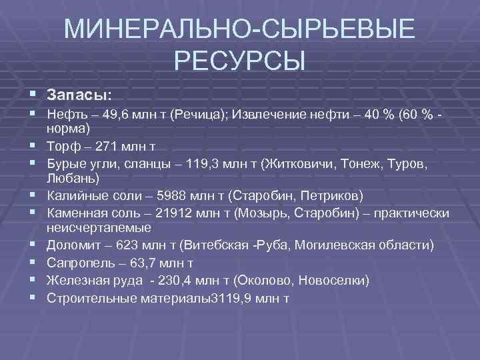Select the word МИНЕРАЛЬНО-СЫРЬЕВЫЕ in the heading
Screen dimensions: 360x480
239,30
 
